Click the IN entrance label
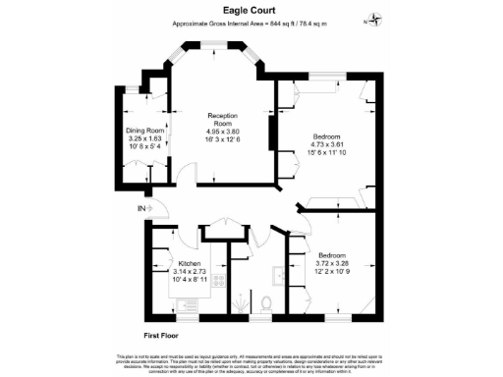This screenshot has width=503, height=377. [x=141, y=207]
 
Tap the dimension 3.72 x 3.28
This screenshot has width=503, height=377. [x=329, y=263]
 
